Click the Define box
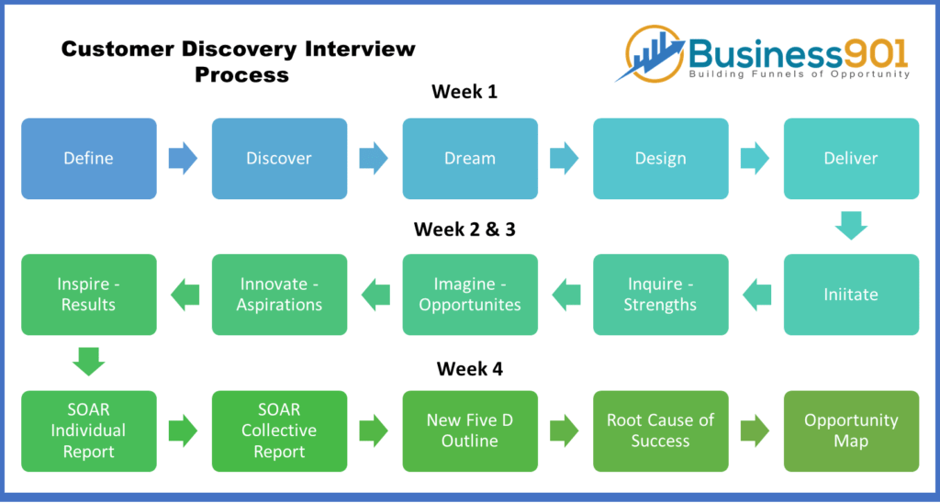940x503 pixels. coord(89,158)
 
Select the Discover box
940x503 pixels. coord(279,158)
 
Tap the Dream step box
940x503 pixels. coord(470,158)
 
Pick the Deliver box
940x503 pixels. coord(851,158)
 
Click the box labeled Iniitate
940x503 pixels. coord(851,295)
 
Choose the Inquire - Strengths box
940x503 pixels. coord(661,295)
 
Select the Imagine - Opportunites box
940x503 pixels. coord(470,295)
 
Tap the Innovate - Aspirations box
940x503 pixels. coord(279,295)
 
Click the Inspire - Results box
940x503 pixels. coord(89,295)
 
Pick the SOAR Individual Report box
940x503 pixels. coord(89,431)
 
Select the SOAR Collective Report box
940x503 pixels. coord(279,431)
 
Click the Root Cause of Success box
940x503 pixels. coord(661,431)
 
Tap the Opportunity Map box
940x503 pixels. coord(851,431)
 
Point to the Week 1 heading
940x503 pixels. coord(464,92)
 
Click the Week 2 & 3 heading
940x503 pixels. coord(464,229)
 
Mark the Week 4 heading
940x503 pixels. coord(470,368)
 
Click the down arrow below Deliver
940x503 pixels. coord(851,226)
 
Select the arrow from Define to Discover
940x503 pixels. coord(183,158)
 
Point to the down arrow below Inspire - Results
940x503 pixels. coord(89,362)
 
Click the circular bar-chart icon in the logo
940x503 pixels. coord(656,53)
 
